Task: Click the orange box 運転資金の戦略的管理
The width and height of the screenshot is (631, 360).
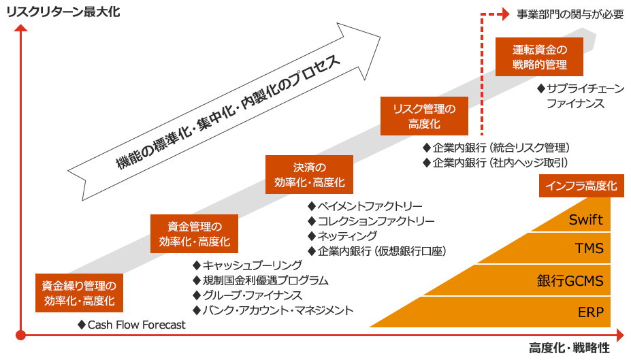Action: point(539,57)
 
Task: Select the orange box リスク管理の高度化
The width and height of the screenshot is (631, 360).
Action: point(424,116)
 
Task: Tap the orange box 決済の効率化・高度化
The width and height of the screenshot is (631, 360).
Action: point(310,175)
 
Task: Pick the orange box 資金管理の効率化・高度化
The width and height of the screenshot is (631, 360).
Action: point(194,233)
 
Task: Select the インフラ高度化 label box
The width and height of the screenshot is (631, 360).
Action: point(581,186)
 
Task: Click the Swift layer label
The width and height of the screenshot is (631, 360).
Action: point(586,220)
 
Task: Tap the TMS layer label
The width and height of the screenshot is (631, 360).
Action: point(589,248)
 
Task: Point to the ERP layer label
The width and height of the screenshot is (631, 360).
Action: point(591,312)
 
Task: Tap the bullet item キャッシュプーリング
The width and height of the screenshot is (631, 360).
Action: point(252,265)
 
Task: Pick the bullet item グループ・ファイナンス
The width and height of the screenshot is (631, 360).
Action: point(252,295)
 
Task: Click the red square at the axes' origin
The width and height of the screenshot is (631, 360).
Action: point(20,334)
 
